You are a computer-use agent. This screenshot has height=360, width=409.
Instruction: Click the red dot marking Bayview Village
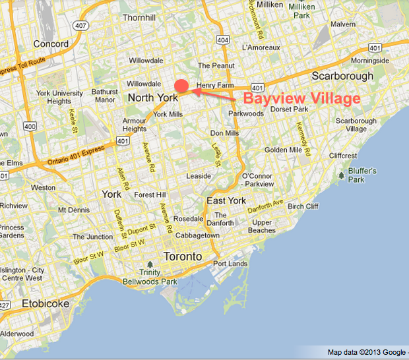(182, 86)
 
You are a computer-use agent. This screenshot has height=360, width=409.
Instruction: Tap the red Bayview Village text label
(301, 99)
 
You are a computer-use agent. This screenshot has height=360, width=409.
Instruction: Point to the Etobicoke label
(45, 304)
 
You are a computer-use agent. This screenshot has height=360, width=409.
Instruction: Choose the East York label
(226, 200)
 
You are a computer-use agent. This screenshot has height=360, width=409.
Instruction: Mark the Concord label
(51, 44)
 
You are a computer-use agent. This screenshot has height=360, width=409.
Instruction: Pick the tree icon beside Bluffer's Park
(341, 175)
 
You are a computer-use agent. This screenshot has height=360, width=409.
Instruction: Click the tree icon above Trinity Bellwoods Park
(150, 264)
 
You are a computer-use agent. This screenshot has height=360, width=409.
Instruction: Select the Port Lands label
(229, 264)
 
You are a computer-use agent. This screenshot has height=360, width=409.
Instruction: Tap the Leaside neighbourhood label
(199, 176)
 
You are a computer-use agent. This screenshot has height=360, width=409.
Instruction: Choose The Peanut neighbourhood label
(212, 65)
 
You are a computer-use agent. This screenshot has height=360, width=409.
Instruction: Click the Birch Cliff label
(303, 206)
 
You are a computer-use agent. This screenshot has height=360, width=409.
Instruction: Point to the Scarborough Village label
(356, 125)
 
